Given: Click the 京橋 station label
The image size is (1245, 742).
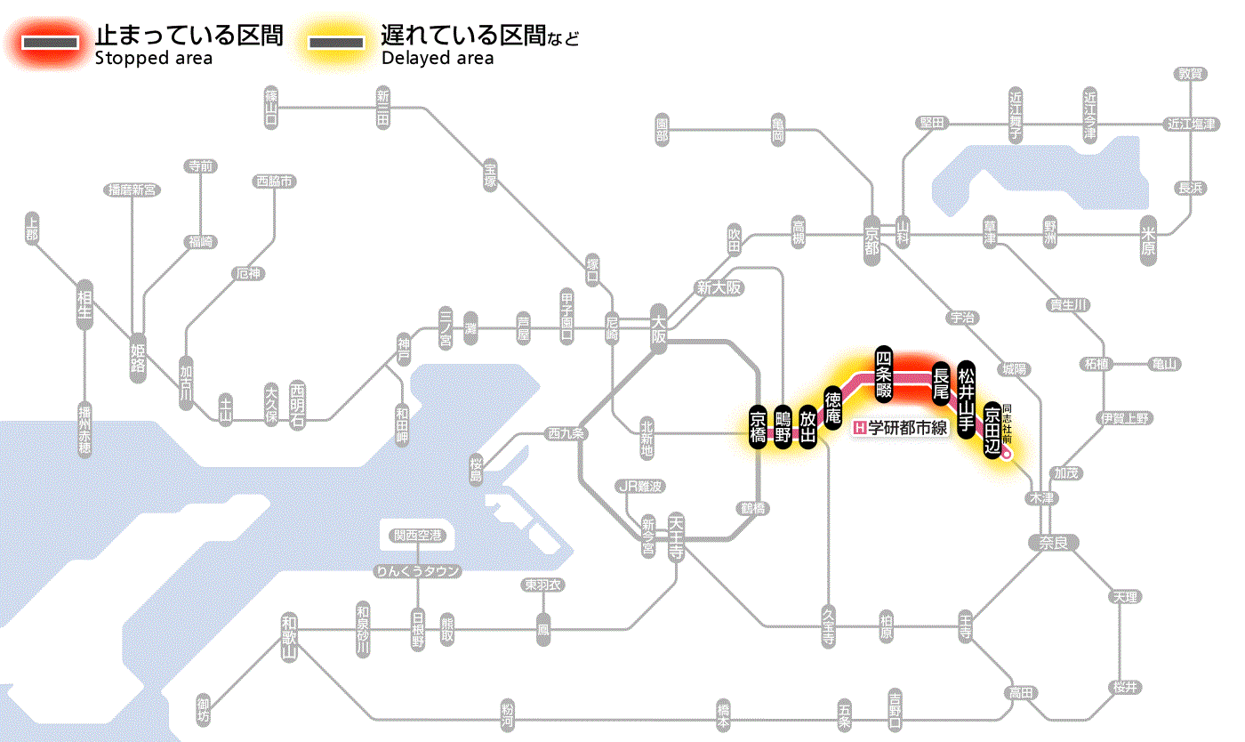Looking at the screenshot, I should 758,429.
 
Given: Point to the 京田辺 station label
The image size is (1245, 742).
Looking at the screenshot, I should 992,430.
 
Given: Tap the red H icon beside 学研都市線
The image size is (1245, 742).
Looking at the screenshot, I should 859,428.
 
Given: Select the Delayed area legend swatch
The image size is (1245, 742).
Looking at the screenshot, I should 337,41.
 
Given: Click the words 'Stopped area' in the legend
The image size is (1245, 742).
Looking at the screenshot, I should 153,59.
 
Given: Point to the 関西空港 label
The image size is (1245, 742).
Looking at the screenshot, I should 417,536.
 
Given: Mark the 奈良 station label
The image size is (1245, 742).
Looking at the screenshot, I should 1053,541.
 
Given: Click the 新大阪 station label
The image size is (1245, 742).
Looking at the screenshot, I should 719,288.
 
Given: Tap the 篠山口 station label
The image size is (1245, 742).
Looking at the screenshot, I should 271,106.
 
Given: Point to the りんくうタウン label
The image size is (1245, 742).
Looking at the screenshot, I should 417,571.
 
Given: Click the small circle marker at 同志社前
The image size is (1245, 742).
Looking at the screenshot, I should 1007,454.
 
